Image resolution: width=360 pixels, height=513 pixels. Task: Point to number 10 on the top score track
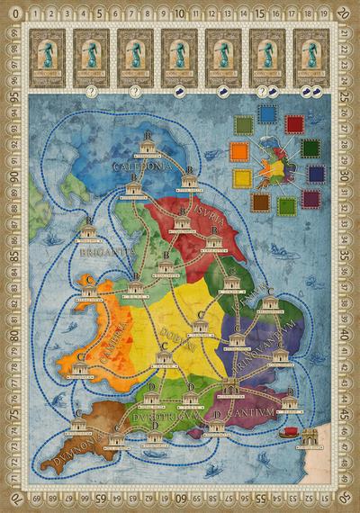click(180, 15)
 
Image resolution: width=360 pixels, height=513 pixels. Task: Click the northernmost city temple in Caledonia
click(149, 148)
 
